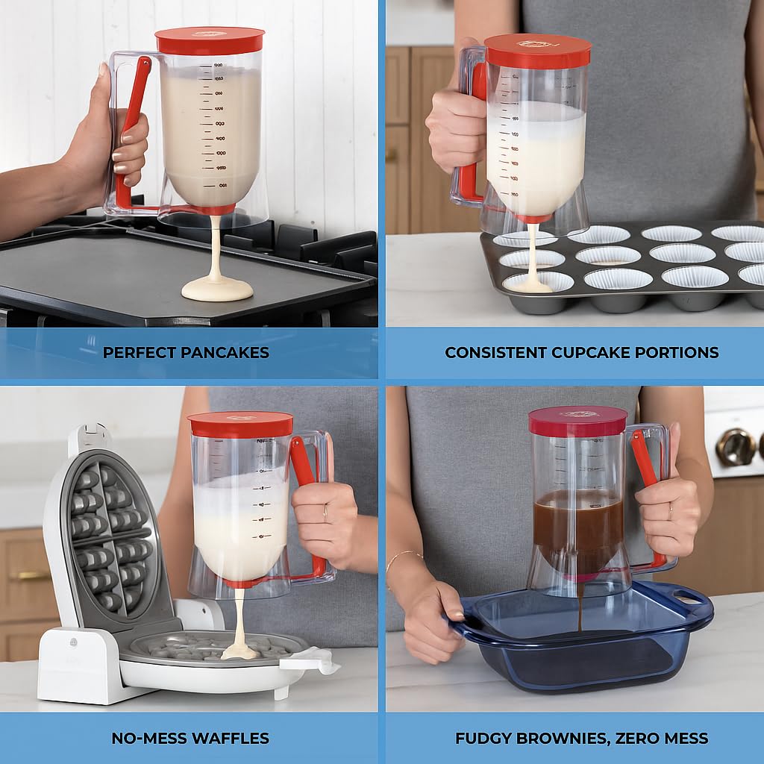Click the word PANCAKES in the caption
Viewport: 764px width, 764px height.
(224, 353)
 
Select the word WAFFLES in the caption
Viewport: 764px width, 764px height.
(231, 739)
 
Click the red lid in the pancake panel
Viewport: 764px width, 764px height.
(210, 40)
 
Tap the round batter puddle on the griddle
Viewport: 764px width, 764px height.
(217, 289)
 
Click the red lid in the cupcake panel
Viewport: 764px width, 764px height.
(537, 51)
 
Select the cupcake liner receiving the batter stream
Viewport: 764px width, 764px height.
(537, 283)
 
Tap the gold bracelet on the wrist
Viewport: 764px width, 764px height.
(404, 557)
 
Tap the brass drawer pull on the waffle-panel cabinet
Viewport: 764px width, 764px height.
(30, 575)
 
